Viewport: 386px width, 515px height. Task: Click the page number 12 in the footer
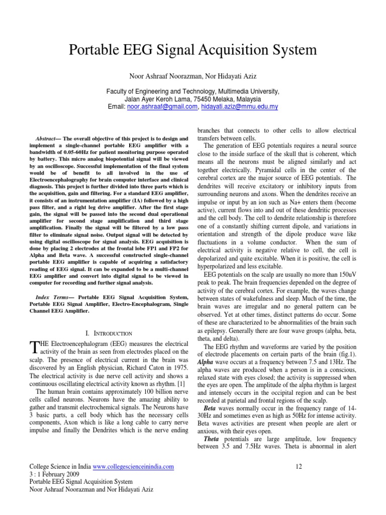click(x=299, y=467)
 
